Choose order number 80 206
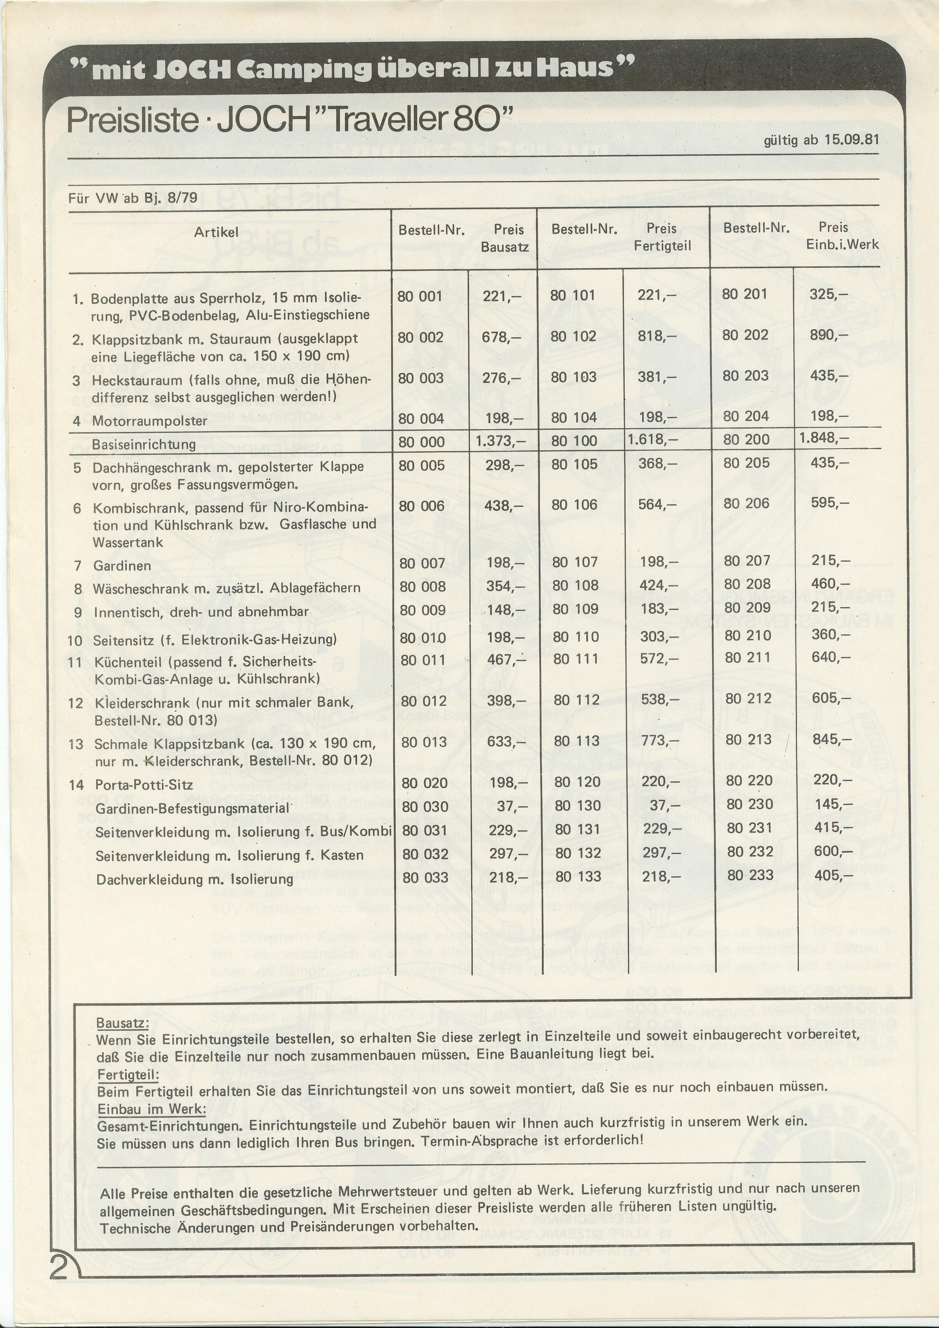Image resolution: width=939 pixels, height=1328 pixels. coord(746,503)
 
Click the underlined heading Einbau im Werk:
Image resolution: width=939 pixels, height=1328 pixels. coord(151,1110)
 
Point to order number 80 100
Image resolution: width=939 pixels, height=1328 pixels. coord(574,441)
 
